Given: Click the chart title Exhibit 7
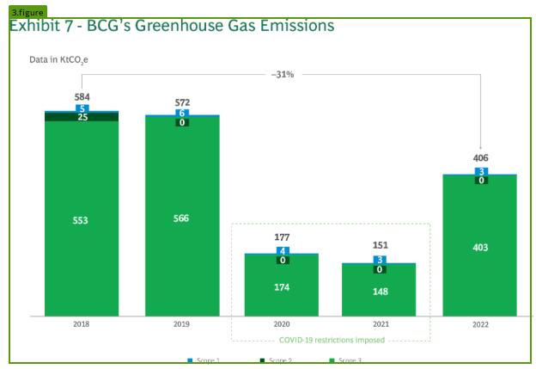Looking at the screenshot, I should pyautogui.click(x=171, y=26).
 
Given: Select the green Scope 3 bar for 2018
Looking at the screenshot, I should pyautogui.click(x=82, y=219).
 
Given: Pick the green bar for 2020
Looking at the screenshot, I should pyautogui.click(x=281, y=286).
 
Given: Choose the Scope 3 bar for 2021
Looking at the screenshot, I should pyautogui.click(x=379, y=291).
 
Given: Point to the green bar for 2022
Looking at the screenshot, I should pyautogui.click(x=479, y=247).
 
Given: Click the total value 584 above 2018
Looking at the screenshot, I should pyautogui.click(x=82, y=97).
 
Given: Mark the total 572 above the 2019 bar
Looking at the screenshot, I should pyautogui.click(x=182, y=102).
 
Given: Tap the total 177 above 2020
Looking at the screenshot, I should pyautogui.click(x=282, y=237).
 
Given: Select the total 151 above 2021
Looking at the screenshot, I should pyautogui.click(x=380, y=245).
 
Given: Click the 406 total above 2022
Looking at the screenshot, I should pyautogui.click(x=480, y=158).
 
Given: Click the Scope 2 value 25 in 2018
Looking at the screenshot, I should pyautogui.click(x=82, y=117).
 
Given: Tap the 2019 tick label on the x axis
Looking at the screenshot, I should pyautogui.click(x=181, y=324).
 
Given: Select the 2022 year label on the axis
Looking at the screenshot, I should pyautogui.click(x=479, y=325).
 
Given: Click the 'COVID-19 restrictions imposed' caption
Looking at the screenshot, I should pyautogui.click(x=332, y=340).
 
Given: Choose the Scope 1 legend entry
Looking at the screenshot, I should pyautogui.click(x=204, y=360).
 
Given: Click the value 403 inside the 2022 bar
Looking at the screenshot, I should pyautogui.click(x=479, y=247).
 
